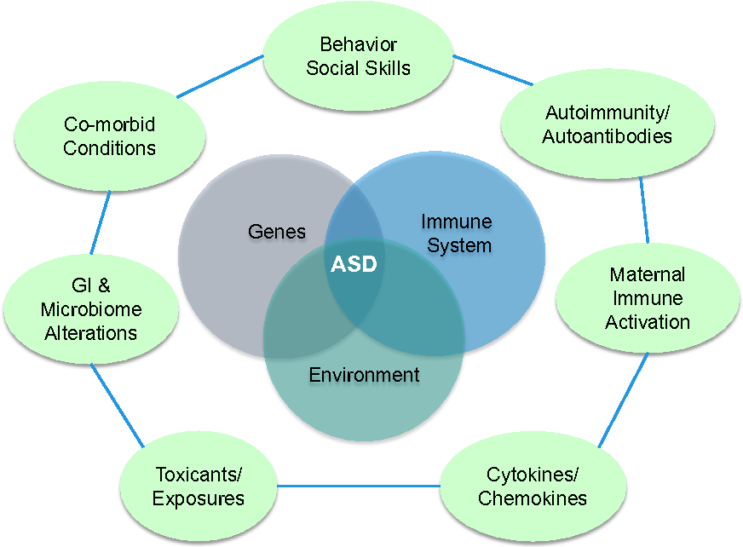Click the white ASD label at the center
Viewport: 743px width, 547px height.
point(353,265)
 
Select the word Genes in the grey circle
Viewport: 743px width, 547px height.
point(277,231)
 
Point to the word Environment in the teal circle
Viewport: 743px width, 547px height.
point(364,374)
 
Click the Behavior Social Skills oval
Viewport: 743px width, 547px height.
point(358,56)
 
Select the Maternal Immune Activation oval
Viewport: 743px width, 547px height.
point(647,298)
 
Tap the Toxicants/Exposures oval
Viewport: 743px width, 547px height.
point(199,487)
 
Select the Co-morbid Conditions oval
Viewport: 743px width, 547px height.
point(110,136)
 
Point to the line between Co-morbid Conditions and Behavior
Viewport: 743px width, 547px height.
point(221,75)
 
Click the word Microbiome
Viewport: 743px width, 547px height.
point(91,308)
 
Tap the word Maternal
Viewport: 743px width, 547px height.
point(647,275)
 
